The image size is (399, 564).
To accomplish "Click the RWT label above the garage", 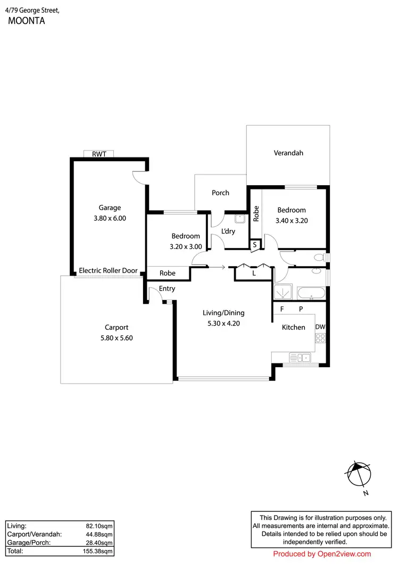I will tap(99, 154).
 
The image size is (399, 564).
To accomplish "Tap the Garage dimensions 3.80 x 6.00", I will tap(110, 218).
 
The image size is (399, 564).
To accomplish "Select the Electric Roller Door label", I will tap(108, 271).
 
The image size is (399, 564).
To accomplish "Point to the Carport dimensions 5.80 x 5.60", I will tap(117, 338).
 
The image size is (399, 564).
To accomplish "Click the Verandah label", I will tap(288, 153).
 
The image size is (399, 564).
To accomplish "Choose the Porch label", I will tap(220, 193).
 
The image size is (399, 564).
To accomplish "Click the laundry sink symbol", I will tap(240, 218).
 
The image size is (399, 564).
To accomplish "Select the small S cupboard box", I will tap(255, 245).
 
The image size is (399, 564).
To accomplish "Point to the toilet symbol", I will tap(319, 258).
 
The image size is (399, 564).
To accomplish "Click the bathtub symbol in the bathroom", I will tap(309, 293).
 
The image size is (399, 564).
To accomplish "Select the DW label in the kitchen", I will tap(320, 327).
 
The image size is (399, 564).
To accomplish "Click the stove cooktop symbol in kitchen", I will tap(320, 338).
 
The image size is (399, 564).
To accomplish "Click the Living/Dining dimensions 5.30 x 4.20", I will tap(223, 323).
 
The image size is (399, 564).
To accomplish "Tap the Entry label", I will tap(167, 289).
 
